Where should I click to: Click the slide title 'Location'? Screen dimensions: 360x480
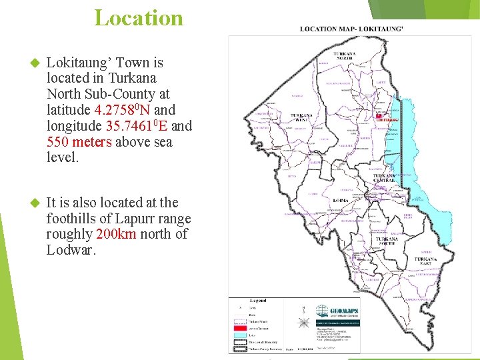(x=139, y=18)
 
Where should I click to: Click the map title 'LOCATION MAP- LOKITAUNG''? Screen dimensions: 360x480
(x=351, y=29)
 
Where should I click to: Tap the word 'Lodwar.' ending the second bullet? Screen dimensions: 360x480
(x=71, y=250)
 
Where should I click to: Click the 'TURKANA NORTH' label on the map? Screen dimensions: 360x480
(x=345, y=57)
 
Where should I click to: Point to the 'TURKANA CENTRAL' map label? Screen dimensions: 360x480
(x=384, y=179)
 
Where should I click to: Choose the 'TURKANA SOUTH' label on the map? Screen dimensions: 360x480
(x=387, y=241)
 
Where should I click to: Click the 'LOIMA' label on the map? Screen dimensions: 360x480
(x=341, y=200)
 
